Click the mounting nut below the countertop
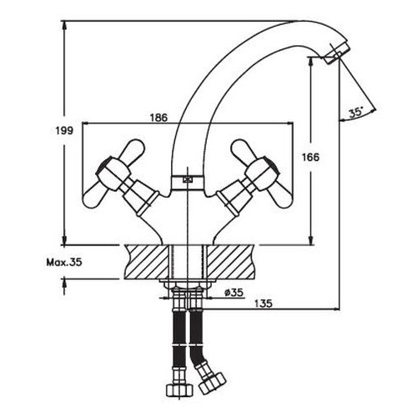(187, 289)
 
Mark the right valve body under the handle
(234, 200)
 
